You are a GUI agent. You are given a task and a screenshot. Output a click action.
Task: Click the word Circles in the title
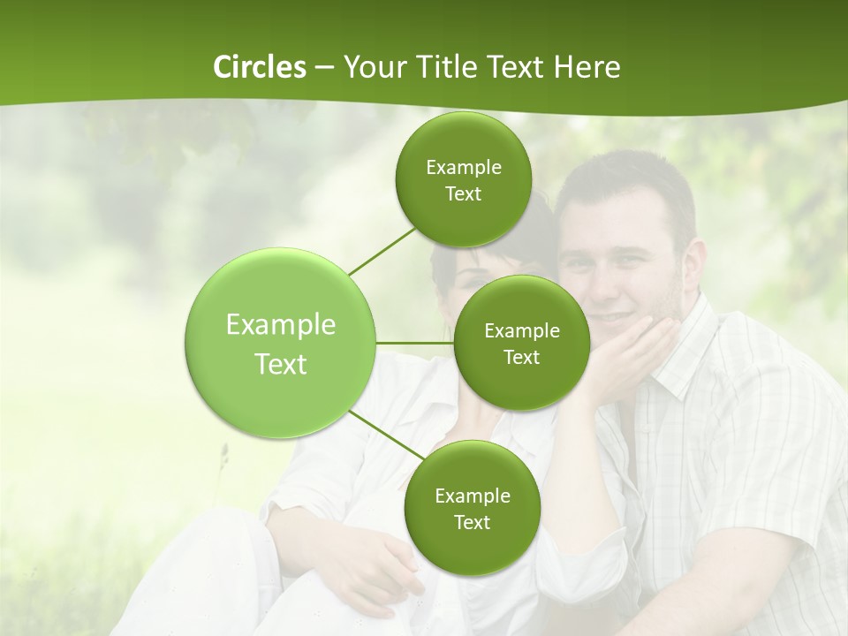coord(259,67)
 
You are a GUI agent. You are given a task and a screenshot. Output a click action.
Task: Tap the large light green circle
coord(281,343)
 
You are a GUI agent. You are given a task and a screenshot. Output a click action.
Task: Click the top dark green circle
coord(463,179)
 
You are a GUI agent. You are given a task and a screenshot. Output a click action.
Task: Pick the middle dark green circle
coord(521,343)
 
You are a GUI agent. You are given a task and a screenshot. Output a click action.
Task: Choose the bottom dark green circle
coord(472,508)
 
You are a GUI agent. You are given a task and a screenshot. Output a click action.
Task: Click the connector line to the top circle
coord(381,250)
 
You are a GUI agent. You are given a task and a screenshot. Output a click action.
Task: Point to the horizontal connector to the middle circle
coord(415,343)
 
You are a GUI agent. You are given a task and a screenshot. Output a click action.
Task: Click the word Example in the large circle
coord(281,325)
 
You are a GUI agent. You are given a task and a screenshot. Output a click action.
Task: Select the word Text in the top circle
coord(463,194)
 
